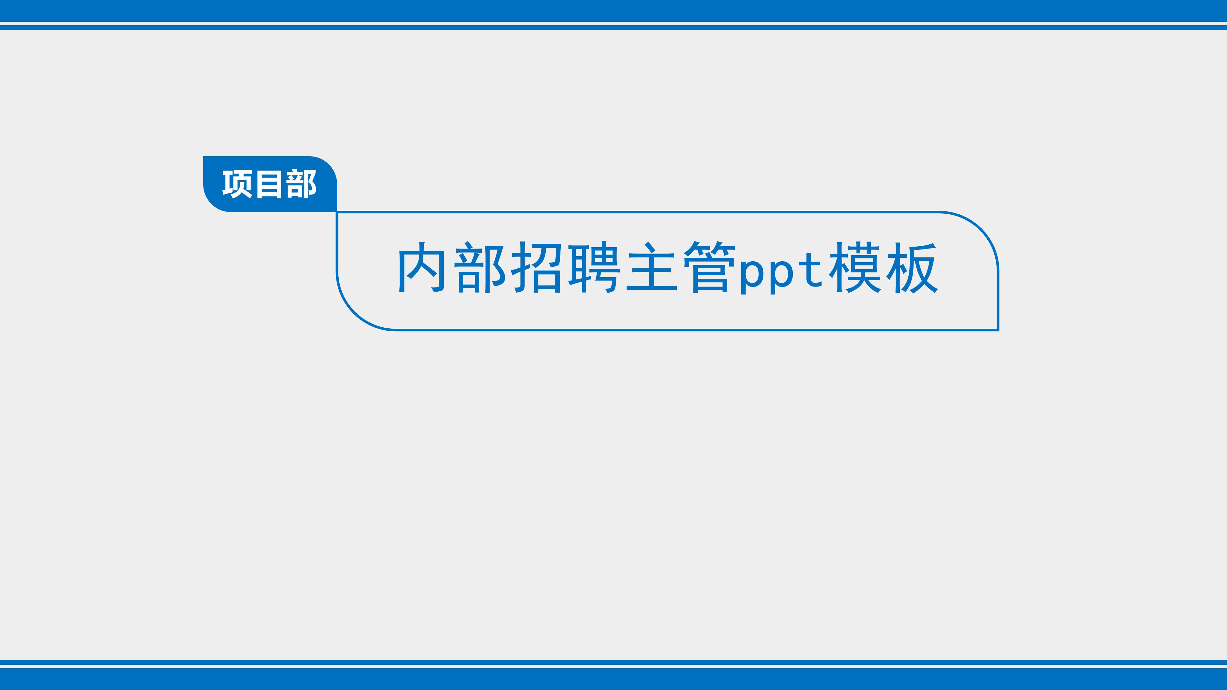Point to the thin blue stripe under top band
(613, 27)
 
